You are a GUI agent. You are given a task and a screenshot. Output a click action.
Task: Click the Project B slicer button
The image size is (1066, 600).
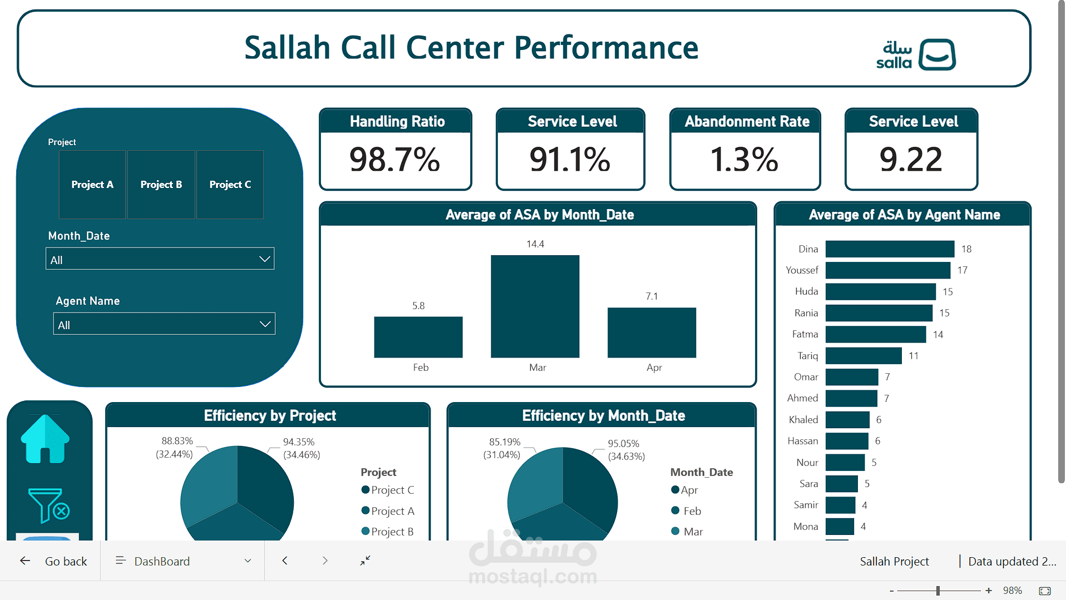pyautogui.click(x=161, y=185)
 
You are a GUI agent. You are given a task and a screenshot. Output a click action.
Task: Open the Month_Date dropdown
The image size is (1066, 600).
pyautogui.click(x=160, y=259)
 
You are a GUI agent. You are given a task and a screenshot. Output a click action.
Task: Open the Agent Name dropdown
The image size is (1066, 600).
pyautogui.click(x=164, y=324)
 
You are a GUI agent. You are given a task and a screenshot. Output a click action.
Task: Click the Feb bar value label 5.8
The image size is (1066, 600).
pyautogui.click(x=418, y=306)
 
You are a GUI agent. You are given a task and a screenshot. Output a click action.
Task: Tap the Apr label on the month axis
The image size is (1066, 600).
pyautogui.click(x=654, y=368)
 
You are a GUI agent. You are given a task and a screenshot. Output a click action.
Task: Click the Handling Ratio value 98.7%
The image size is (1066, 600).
pyautogui.click(x=394, y=160)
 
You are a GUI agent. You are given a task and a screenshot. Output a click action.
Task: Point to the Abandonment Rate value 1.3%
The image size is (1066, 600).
pyautogui.click(x=744, y=160)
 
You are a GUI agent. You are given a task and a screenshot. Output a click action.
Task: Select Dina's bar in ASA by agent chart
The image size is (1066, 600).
pyautogui.click(x=889, y=249)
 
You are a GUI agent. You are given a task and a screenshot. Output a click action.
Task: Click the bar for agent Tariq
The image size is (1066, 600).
pyautogui.click(x=863, y=356)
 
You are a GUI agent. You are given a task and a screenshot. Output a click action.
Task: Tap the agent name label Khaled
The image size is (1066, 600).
pyautogui.click(x=803, y=420)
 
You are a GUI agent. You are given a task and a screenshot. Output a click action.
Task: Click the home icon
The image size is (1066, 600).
pyautogui.click(x=45, y=439)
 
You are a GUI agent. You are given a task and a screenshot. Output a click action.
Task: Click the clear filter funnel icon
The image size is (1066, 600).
pyautogui.click(x=48, y=505)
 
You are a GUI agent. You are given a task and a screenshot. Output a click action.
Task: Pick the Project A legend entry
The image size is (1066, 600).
pyautogui.click(x=388, y=511)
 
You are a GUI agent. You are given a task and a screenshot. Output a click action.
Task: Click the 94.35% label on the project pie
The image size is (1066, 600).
pyautogui.click(x=299, y=442)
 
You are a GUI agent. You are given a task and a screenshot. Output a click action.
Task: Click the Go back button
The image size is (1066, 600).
pyautogui.click(x=55, y=561)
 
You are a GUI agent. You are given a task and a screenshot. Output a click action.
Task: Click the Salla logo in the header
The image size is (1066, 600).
pyautogui.click(x=916, y=54)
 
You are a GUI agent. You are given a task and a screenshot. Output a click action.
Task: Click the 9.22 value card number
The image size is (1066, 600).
pyautogui.click(x=911, y=160)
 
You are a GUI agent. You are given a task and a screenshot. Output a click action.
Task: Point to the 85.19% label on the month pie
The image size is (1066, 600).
pyautogui.click(x=504, y=442)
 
